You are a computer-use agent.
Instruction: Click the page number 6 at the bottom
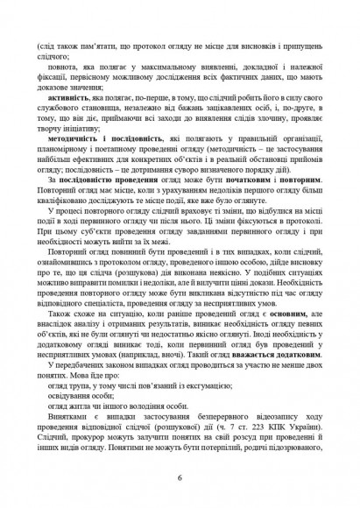[180, 478]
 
